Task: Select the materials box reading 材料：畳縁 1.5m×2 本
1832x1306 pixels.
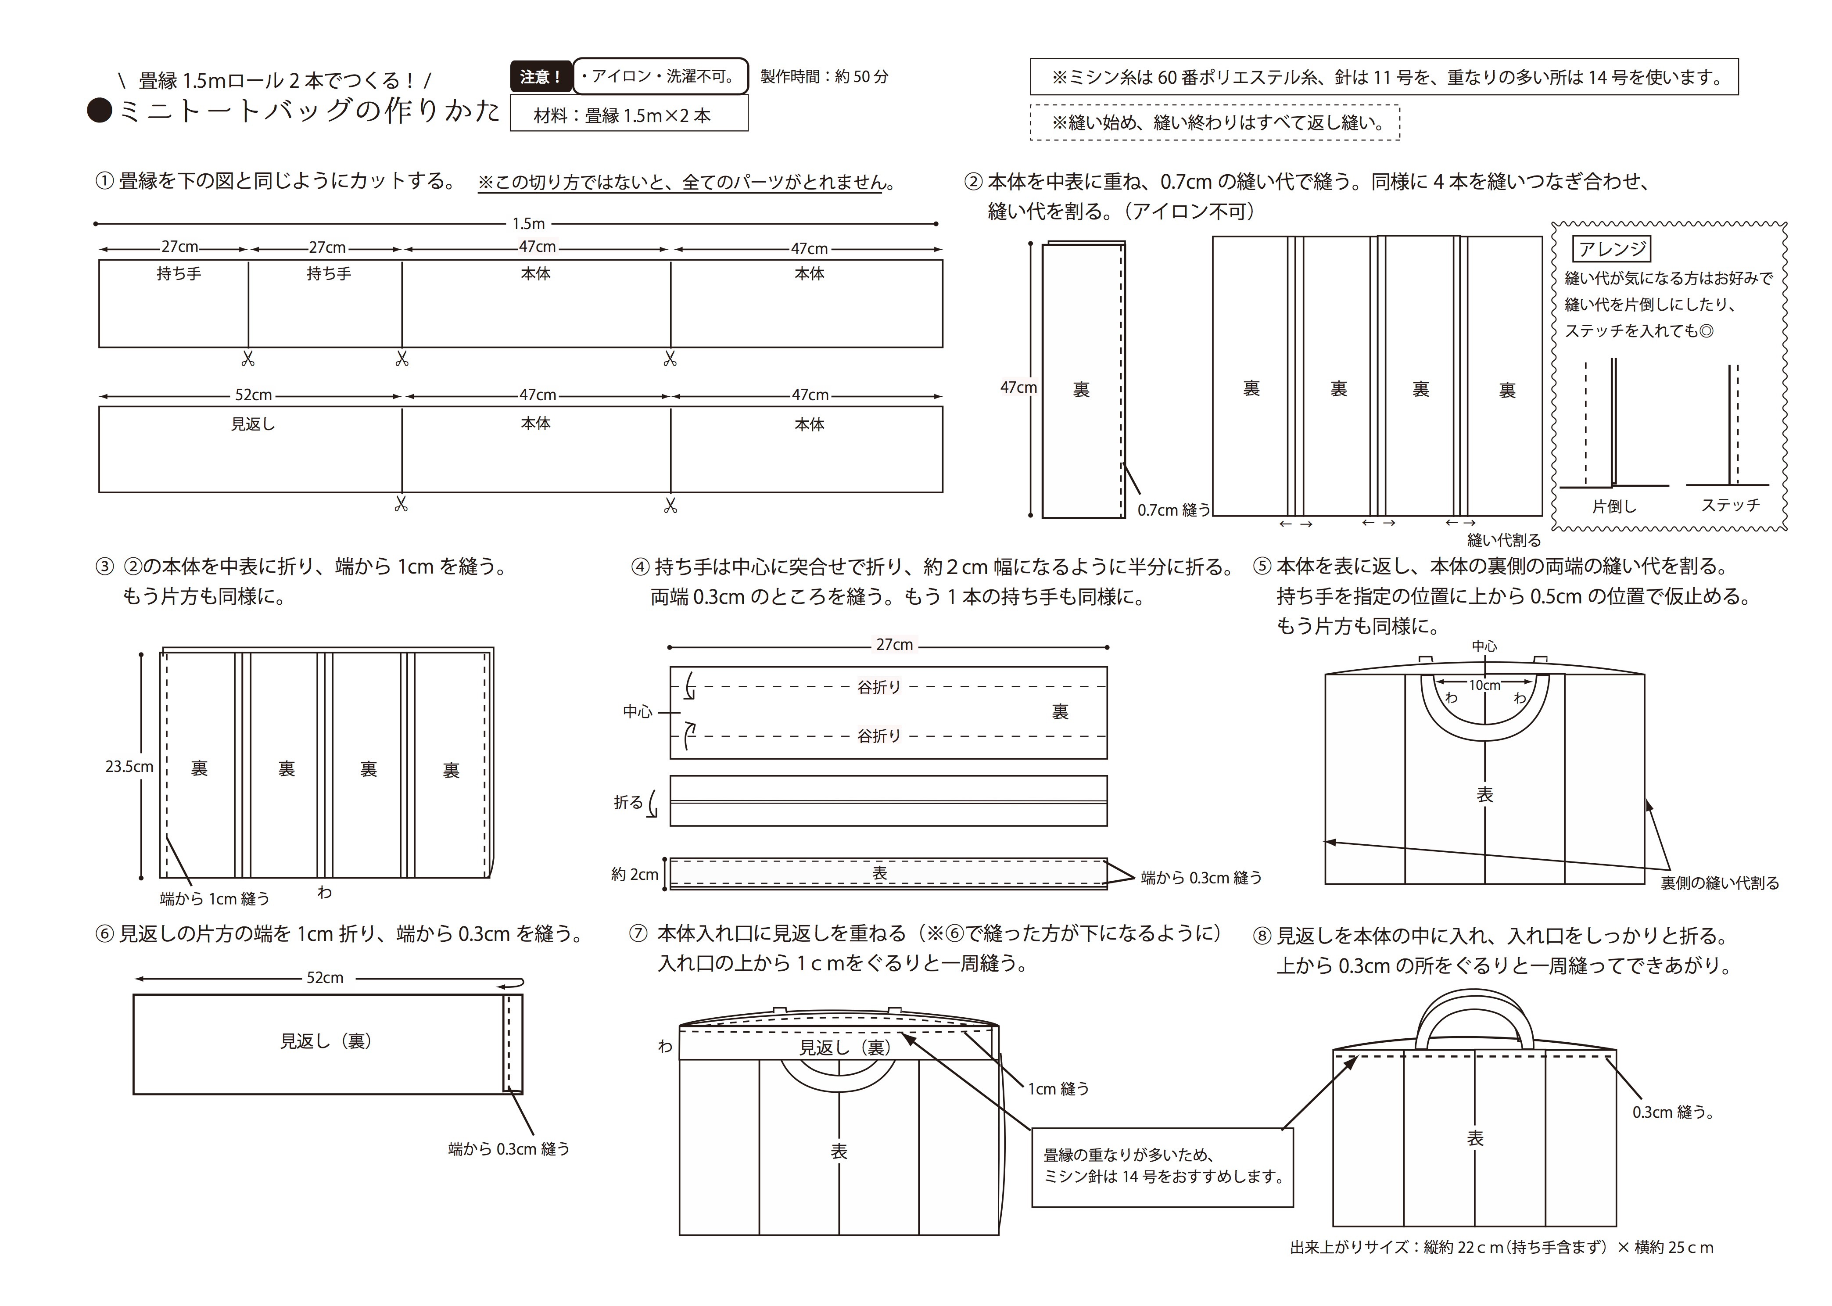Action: (628, 114)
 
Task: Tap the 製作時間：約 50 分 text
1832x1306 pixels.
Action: (825, 76)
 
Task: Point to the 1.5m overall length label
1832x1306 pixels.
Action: (528, 223)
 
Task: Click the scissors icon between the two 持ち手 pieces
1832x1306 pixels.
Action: (247, 359)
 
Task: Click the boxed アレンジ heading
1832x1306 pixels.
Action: (1611, 249)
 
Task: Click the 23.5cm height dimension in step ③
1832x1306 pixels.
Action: (129, 766)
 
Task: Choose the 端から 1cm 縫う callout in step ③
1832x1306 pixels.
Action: (215, 898)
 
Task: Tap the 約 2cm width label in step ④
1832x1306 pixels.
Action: (635, 874)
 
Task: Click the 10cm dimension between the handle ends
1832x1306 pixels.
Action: (1484, 685)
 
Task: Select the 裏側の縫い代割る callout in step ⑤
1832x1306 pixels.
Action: (1719, 883)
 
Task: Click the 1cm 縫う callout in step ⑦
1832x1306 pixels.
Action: (1058, 1089)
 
